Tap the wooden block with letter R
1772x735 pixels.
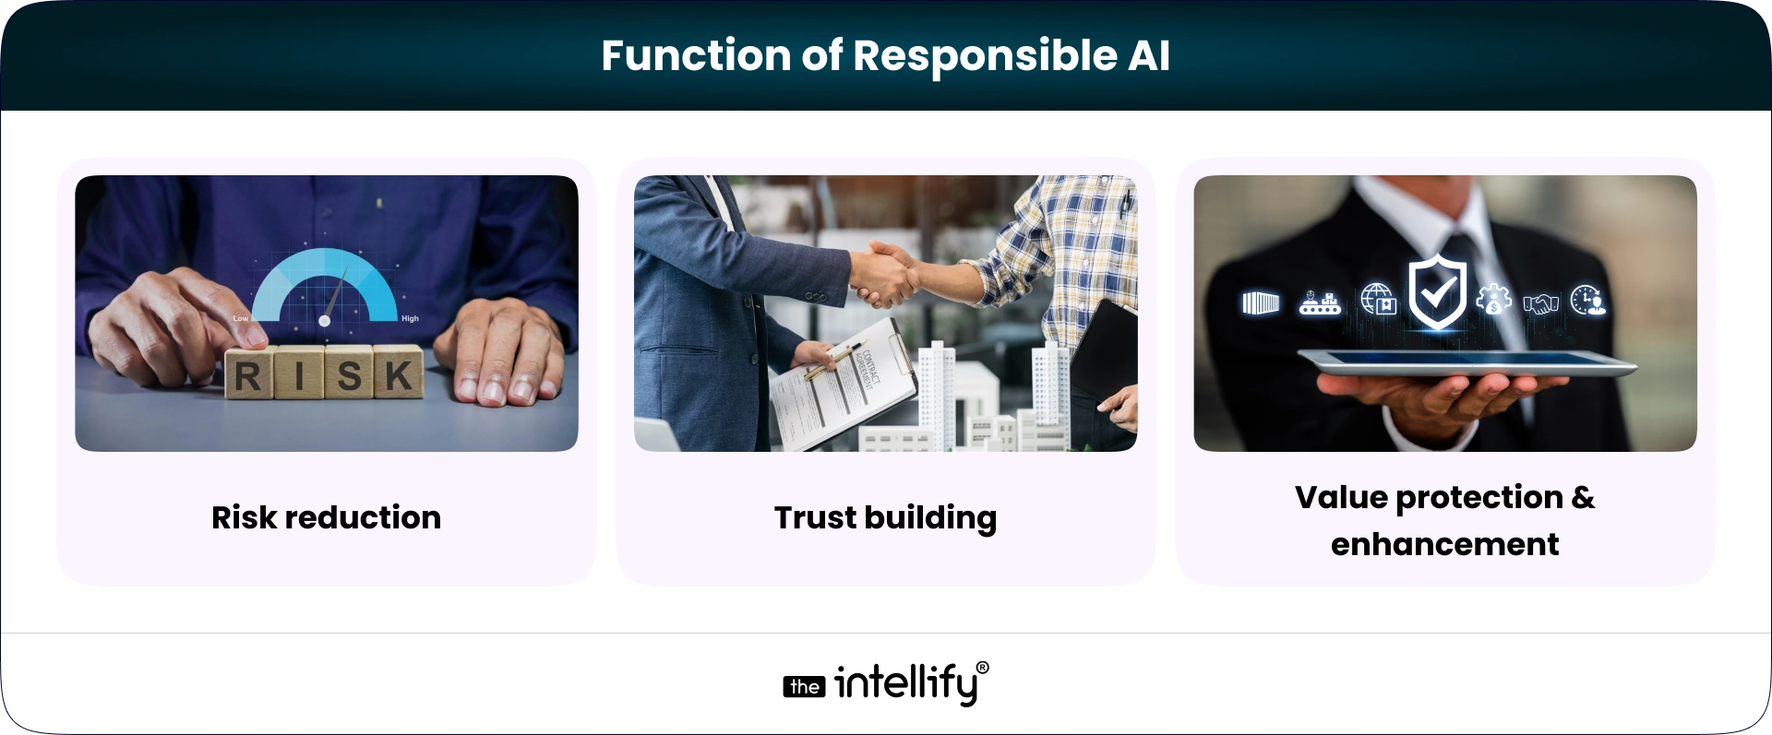pyautogui.click(x=247, y=374)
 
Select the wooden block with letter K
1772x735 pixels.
pyautogui.click(x=399, y=373)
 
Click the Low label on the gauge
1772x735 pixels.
pyautogui.click(x=240, y=318)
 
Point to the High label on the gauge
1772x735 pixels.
pyautogui.click(x=410, y=318)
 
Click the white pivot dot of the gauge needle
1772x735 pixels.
pyautogui.click(x=324, y=320)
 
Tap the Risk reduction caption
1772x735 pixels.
pyautogui.click(x=326, y=517)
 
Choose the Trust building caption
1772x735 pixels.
pyautogui.click(x=885, y=517)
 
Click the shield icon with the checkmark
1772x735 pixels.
pyautogui.click(x=1437, y=293)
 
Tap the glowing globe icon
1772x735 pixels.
pyautogui.click(x=1378, y=301)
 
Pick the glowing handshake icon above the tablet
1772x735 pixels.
pyautogui.click(x=1540, y=302)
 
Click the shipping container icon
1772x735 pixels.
pyautogui.click(x=1261, y=302)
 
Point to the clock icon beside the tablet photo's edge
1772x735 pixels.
pyautogui.click(x=1587, y=301)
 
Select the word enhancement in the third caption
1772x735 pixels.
pyautogui.click(x=1444, y=544)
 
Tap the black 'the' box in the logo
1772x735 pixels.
pyautogui.click(x=804, y=687)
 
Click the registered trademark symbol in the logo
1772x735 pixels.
pyautogui.click(x=982, y=668)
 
